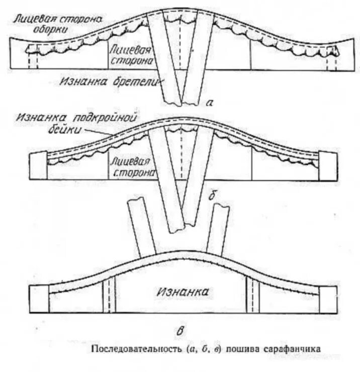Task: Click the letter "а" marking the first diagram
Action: tap(211, 104)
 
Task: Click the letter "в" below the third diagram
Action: tap(179, 331)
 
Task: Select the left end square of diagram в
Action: tap(39, 300)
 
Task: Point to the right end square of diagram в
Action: tap(328, 300)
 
